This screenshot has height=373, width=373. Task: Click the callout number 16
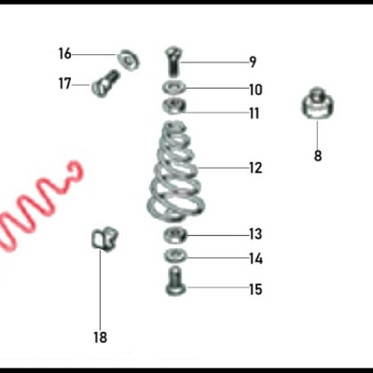pyautogui.click(x=64, y=53)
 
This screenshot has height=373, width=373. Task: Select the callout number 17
pyautogui.click(x=64, y=83)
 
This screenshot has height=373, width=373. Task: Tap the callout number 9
pyautogui.click(x=253, y=62)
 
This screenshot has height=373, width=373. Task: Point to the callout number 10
pyautogui.click(x=255, y=90)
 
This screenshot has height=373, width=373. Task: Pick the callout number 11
pyautogui.click(x=254, y=114)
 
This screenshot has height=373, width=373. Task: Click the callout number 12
pyautogui.click(x=255, y=169)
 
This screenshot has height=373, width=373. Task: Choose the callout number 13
pyautogui.click(x=255, y=234)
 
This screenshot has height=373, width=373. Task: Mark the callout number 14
pyautogui.click(x=255, y=259)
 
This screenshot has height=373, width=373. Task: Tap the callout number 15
pyautogui.click(x=255, y=289)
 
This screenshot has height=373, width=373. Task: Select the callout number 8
pyautogui.click(x=317, y=156)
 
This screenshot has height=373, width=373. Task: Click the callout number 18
pyautogui.click(x=100, y=337)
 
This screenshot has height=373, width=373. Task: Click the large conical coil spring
pyautogui.click(x=173, y=173)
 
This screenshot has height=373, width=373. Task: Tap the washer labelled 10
pyautogui.click(x=174, y=88)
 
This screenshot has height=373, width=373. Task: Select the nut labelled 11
pyautogui.click(x=174, y=106)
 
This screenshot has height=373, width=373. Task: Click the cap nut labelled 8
pyautogui.click(x=317, y=104)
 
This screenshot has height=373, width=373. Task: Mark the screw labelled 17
pyautogui.click(x=104, y=84)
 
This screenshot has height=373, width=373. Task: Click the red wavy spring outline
pyautogui.click(x=37, y=205)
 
